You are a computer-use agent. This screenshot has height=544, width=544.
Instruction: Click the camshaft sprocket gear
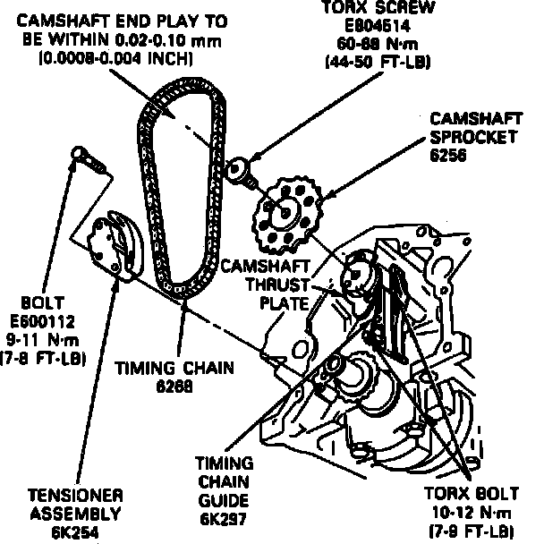pos(284,216)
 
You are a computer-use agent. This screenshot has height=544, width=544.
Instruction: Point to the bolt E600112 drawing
pos(87,159)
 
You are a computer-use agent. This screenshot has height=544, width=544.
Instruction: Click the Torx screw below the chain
pos(240,171)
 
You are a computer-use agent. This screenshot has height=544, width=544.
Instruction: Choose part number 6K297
pos(224,520)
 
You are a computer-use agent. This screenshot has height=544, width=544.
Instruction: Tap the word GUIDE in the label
pos(224,501)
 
